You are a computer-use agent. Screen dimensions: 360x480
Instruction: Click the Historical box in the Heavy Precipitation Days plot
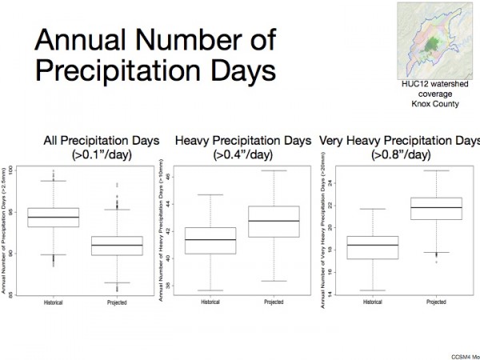210,240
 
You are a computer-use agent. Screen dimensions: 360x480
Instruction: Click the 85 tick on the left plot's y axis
19,293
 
